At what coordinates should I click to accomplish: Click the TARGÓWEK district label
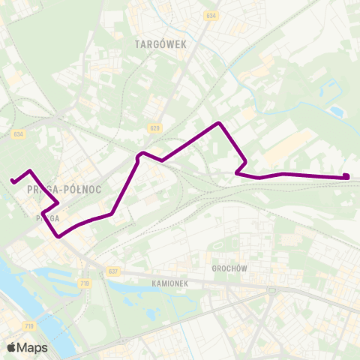point(160,44)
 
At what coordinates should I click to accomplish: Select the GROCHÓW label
point(229,268)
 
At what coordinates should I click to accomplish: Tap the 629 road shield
point(154,129)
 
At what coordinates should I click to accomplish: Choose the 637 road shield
point(113,271)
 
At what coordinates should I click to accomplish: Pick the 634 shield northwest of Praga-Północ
point(19,134)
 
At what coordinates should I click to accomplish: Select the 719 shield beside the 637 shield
point(84,283)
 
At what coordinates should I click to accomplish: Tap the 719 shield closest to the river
point(29,325)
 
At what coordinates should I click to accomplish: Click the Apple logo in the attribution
point(11,347)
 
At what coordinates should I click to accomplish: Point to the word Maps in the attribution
point(32,347)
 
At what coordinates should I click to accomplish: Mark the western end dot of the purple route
point(13,181)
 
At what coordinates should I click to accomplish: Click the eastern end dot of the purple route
point(346,177)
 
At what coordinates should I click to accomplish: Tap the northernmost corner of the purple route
point(218,122)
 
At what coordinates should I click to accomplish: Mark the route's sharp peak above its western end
point(29,170)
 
